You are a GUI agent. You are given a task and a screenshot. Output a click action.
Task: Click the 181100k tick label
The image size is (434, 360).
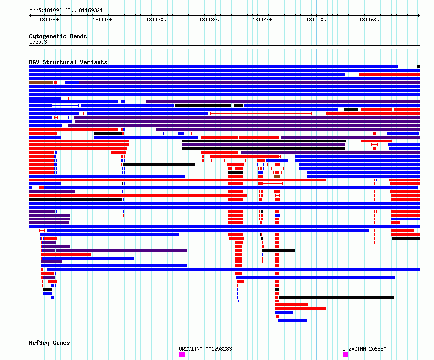[49, 20]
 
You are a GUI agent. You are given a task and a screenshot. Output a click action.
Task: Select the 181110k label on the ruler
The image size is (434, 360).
[102, 20]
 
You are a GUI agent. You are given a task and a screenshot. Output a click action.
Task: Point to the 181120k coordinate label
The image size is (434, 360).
[156, 20]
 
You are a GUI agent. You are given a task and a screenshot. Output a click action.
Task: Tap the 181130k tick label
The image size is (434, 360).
[209, 20]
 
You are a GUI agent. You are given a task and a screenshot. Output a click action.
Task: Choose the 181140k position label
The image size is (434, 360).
[262, 20]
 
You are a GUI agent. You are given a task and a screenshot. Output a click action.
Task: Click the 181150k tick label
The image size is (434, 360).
[316, 20]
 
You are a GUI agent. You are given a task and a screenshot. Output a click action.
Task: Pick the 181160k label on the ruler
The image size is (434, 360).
[369, 20]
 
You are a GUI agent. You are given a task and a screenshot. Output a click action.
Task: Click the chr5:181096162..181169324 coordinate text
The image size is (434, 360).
[66, 11]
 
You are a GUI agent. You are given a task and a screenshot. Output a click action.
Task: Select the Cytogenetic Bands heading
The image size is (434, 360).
[58, 36]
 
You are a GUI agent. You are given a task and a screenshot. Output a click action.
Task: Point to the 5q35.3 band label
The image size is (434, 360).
[38, 42]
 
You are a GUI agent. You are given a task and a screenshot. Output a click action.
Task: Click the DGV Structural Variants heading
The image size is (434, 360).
[68, 62]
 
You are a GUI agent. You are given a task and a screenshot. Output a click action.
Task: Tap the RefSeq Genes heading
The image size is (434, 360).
[49, 343]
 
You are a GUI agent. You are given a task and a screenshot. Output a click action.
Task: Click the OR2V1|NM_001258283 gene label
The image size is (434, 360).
[205, 349]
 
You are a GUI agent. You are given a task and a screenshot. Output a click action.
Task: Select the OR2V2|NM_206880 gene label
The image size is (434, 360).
[364, 349]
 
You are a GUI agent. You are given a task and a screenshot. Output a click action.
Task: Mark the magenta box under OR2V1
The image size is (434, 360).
[182, 355]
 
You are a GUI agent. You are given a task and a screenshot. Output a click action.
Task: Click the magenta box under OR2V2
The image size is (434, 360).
[345, 355]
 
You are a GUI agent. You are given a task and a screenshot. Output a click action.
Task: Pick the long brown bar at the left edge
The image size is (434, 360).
[40, 82]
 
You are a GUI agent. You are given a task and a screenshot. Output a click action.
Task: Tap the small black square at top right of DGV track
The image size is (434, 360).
[419, 67]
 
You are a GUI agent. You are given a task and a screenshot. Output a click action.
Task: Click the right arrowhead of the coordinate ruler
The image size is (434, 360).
[419, 15]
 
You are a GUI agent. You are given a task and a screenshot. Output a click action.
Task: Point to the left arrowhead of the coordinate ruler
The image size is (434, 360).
[30, 15]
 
